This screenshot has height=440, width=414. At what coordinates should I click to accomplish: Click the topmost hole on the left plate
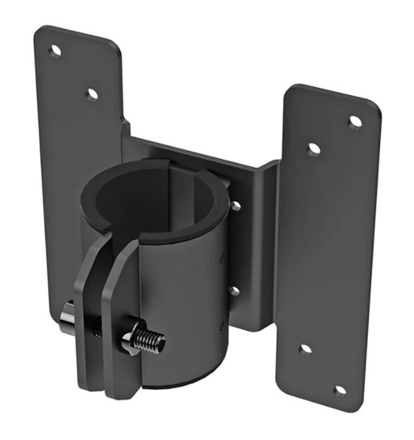click(55, 51)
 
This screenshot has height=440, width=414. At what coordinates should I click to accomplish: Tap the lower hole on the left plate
click(92, 94)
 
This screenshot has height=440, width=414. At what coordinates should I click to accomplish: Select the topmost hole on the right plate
click(355, 122)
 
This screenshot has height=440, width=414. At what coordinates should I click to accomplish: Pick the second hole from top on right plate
click(315, 150)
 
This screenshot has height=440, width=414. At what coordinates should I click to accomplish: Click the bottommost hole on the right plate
click(339, 390)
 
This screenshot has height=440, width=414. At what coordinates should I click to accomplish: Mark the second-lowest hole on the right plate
click(305, 349)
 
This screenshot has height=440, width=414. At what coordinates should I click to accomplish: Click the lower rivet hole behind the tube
click(234, 290)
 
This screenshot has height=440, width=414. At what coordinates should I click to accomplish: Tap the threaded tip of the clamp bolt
click(154, 340)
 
